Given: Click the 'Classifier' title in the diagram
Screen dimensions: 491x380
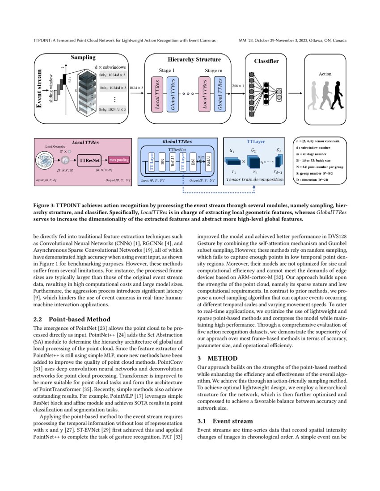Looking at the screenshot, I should pos(266,61).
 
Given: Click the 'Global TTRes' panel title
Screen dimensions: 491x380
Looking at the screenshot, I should pos(177,141).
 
